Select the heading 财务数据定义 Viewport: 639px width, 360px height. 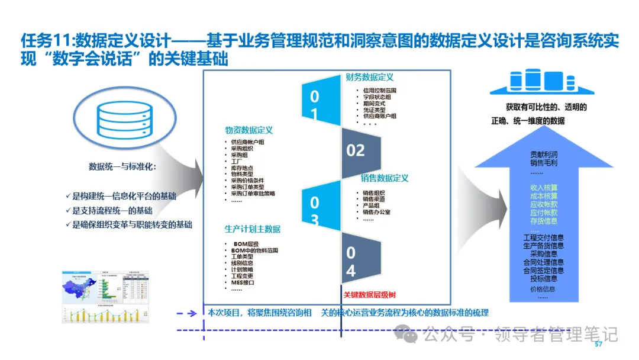tap(370, 77)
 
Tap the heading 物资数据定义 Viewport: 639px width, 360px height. tap(248, 130)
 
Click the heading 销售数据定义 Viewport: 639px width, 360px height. tap(385, 178)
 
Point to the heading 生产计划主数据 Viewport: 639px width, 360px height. tap(253, 229)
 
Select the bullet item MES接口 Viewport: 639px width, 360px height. tap(244, 282)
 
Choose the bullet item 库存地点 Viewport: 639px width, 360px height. tap(243, 168)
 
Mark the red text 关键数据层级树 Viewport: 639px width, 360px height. tap(369, 294)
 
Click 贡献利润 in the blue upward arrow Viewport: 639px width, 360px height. tap(543, 155)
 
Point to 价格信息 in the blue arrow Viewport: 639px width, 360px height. tap(543, 289)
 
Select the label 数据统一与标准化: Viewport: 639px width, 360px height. tap(122, 166)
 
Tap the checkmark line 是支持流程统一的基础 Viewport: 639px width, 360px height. tap(112, 210)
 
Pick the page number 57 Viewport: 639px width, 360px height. tap(598, 345)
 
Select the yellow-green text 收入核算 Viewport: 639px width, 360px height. tap(543, 187)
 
